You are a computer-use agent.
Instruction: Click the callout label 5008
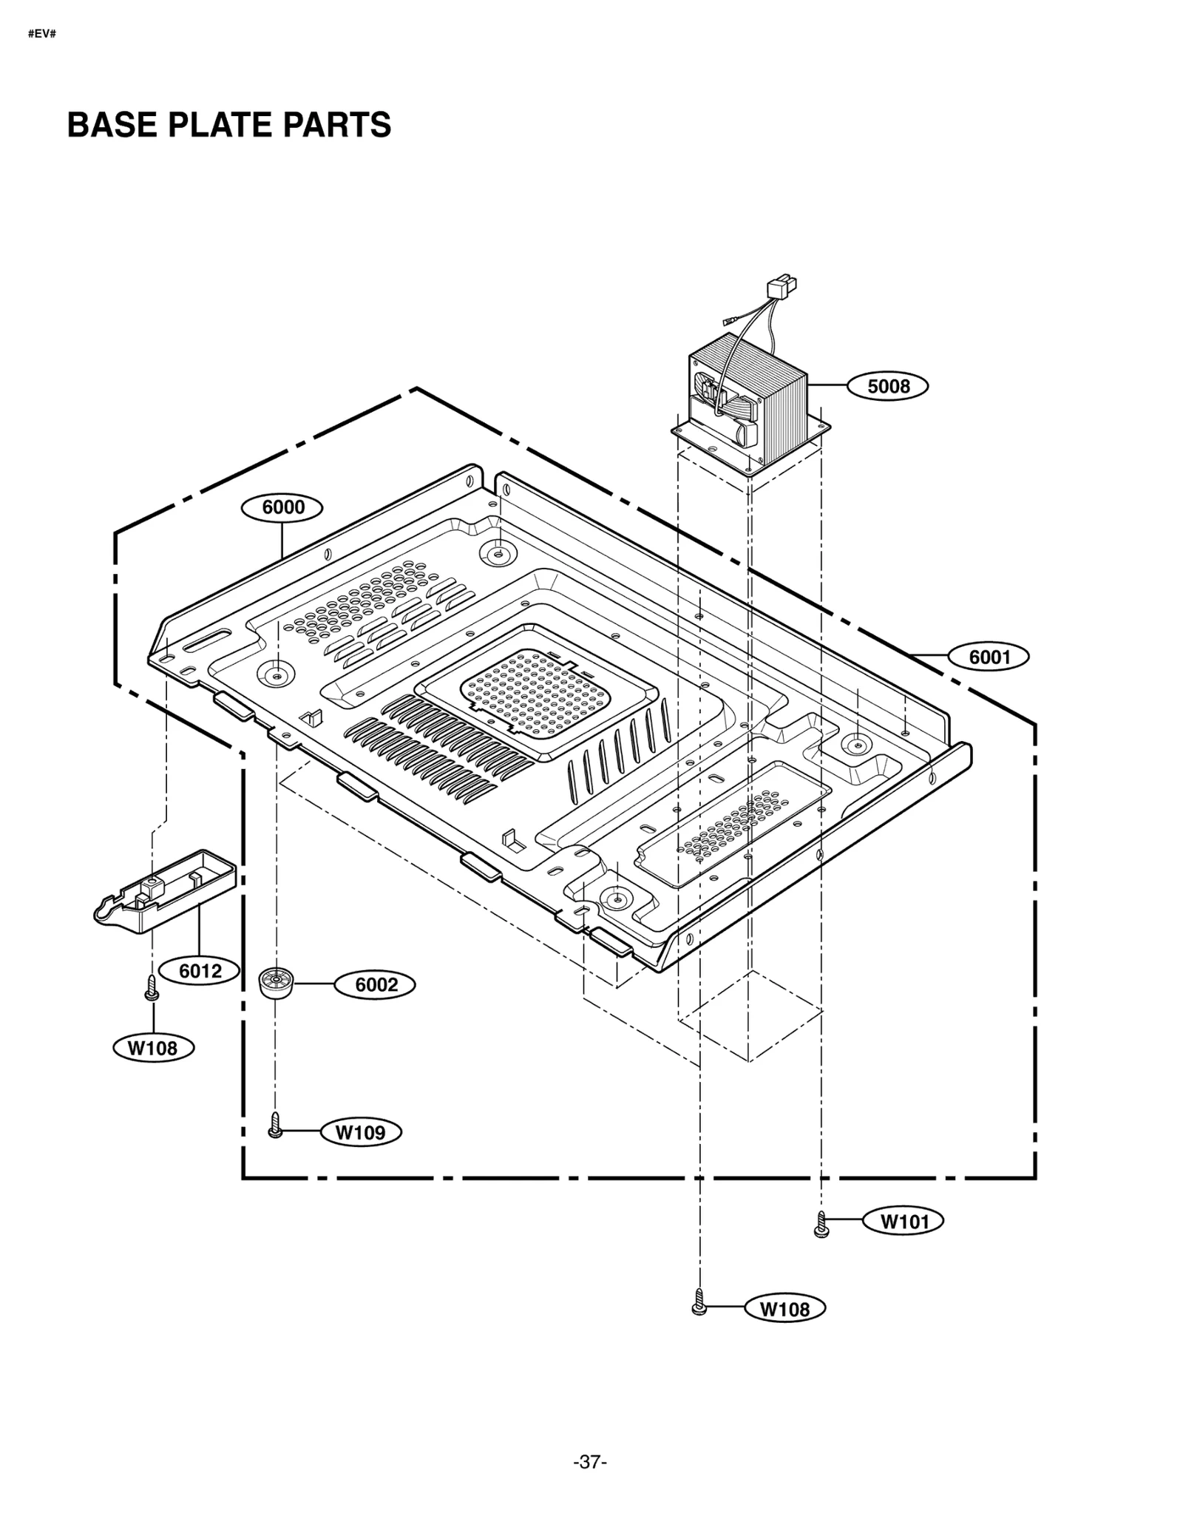(x=888, y=386)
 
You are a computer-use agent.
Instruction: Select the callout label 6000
(x=283, y=507)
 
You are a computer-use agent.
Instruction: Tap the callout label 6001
(x=989, y=657)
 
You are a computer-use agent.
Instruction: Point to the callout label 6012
(x=200, y=971)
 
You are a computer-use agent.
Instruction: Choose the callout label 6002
(x=376, y=985)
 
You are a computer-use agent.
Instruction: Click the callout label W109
(x=361, y=1132)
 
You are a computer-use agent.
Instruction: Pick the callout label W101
(x=904, y=1222)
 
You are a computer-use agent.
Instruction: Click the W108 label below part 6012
(x=153, y=1048)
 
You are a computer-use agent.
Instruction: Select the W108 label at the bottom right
(x=784, y=1309)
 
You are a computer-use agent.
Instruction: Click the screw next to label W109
(x=275, y=1126)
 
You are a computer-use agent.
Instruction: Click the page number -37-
(x=590, y=1462)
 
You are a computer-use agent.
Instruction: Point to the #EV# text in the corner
(x=42, y=35)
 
